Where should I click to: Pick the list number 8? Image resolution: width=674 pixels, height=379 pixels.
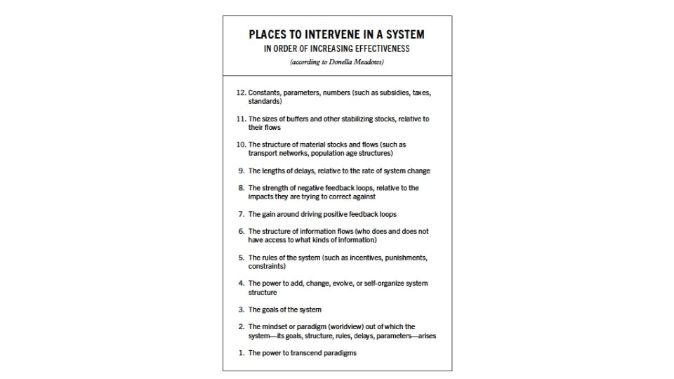[242, 188]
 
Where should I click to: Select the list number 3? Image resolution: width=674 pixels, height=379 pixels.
[242, 310]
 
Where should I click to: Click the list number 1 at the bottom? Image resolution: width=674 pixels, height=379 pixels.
[242, 353]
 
